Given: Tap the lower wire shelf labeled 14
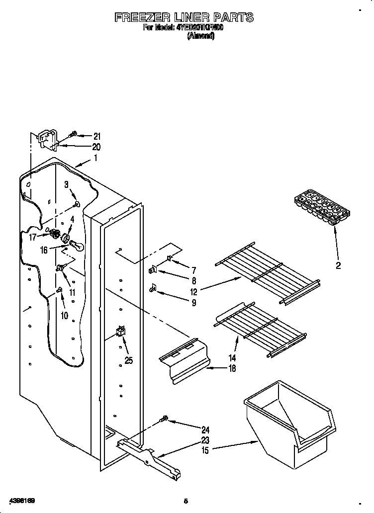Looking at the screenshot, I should click(x=261, y=328).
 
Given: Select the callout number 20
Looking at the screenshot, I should click(x=96, y=147).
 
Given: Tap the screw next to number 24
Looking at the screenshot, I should click(x=164, y=420).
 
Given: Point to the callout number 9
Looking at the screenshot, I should click(x=193, y=302).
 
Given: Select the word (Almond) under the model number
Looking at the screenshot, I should click(x=200, y=36).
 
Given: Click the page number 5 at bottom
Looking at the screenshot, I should click(x=186, y=500).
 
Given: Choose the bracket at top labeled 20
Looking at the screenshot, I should click(x=47, y=139).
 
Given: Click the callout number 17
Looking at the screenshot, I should click(x=32, y=238).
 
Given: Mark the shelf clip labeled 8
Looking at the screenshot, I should click(x=153, y=270).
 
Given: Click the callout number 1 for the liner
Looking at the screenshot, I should click(x=95, y=159).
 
